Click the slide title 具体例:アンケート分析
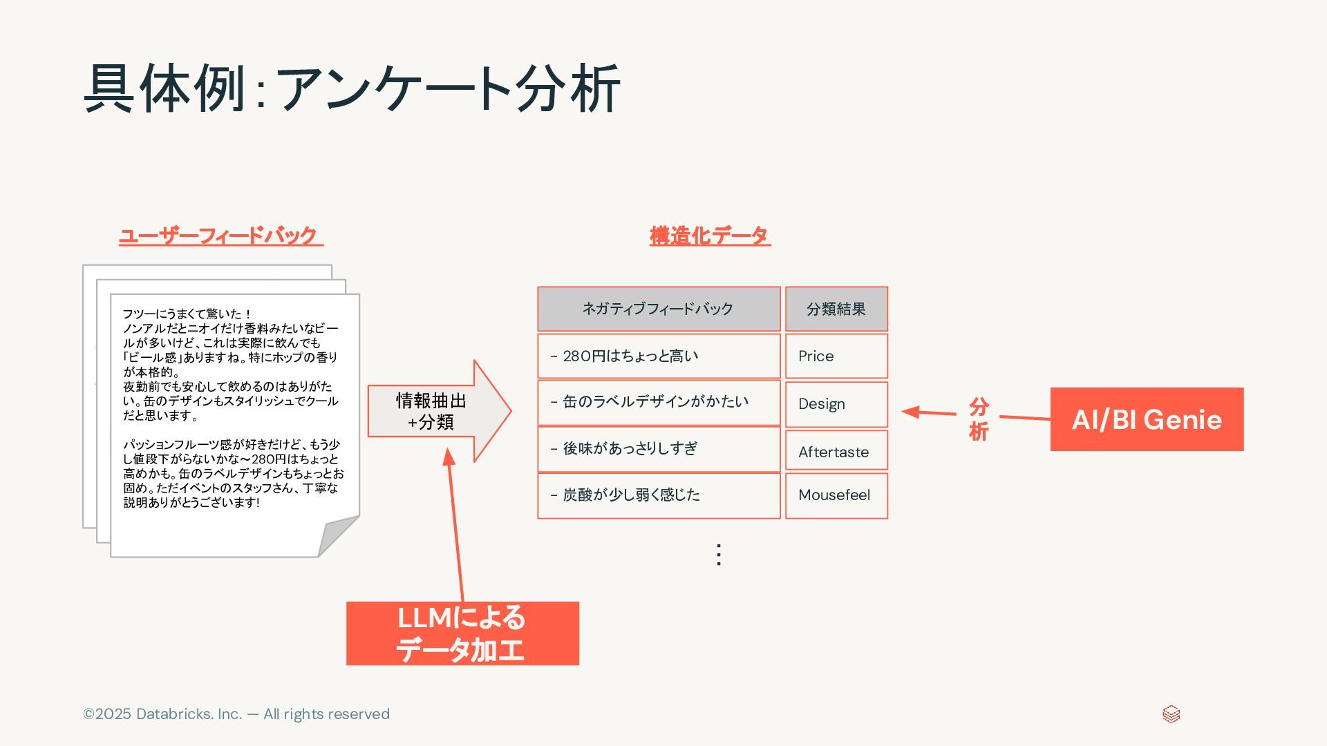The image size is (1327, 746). pos(352,88)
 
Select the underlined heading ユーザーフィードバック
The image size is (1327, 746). pos(220,236)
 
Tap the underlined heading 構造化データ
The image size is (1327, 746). pos(710,236)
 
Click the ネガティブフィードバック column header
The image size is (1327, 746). pos(659,309)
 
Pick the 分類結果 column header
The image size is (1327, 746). pos(836,309)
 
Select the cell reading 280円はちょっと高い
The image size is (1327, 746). pos(659,356)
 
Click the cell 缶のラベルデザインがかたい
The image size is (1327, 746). pos(659,403)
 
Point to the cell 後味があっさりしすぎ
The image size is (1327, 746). pos(659,449)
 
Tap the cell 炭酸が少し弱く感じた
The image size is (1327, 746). pos(659,495)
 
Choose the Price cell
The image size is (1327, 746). pos(836,356)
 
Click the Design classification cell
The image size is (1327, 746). pos(836,404)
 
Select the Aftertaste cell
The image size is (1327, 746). pos(836,451)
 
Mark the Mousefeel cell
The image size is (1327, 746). pos(836,495)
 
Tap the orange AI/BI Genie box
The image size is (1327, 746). pos(1147,419)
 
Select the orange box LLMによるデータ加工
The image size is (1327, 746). pos(462,633)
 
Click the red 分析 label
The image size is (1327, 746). pos(978,419)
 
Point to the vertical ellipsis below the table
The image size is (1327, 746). pos(719,555)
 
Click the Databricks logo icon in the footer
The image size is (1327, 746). pos(1171,714)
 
